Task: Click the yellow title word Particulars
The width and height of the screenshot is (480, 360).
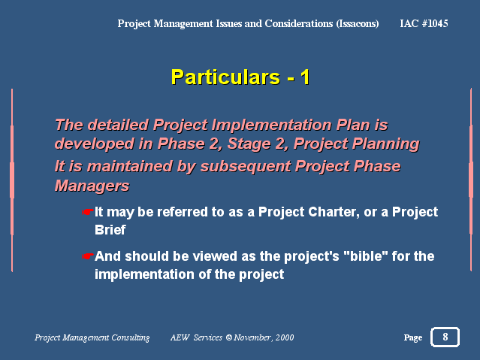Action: pyautogui.click(x=225, y=77)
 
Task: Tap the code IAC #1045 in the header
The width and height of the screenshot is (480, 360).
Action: pyautogui.click(x=424, y=23)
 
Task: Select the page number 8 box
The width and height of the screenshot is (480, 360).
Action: pyautogui.click(x=445, y=337)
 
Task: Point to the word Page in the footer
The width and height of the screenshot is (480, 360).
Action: pyautogui.click(x=413, y=337)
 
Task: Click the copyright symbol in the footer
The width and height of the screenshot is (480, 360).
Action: pyautogui.click(x=229, y=337)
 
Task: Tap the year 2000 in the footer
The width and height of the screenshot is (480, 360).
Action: pyautogui.click(x=285, y=337)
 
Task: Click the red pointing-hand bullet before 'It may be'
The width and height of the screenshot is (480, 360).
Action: pyautogui.click(x=87, y=212)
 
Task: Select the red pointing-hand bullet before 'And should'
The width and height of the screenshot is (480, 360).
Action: pyautogui.click(x=87, y=256)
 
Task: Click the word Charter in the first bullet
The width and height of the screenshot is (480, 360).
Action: pyautogui.click(x=334, y=212)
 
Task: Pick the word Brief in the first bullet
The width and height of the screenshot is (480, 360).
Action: pyautogui.click(x=110, y=230)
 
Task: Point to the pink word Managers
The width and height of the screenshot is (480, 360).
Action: pyautogui.click(x=92, y=186)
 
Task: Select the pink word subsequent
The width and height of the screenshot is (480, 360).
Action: pyautogui.click(x=246, y=167)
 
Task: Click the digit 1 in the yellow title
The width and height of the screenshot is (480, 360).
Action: pyautogui.click(x=305, y=77)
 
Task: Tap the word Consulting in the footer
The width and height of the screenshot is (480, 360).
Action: pyautogui.click(x=131, y=337)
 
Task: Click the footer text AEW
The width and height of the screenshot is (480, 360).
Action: pyautogui.click(x=180, y=337)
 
